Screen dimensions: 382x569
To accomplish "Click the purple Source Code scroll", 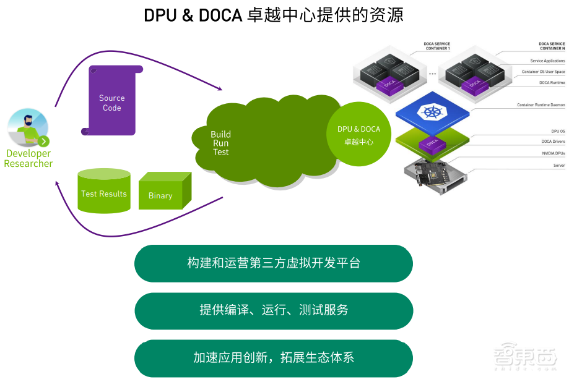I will (x=111, y=101).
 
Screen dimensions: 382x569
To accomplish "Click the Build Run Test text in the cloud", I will (x=220, y=143).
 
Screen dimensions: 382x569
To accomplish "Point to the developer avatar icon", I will (x=28, y=127).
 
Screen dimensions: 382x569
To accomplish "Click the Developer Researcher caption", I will (x=28, y=159).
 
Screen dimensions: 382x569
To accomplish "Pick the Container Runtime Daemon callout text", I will (x=541, y=105).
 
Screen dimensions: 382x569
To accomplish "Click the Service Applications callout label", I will (x=547, y=61).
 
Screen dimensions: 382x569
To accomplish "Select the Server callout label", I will (x=558, y=166).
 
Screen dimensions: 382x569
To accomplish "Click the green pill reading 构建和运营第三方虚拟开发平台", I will (x=273, y=263).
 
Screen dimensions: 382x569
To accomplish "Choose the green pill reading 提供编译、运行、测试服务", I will (x=273, y=310).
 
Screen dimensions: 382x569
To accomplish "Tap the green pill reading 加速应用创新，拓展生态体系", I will (x=273, y=358).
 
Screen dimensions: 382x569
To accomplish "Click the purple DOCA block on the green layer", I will (x=432, y=143).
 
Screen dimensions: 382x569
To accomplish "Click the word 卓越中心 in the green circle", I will (x=358, y=142).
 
